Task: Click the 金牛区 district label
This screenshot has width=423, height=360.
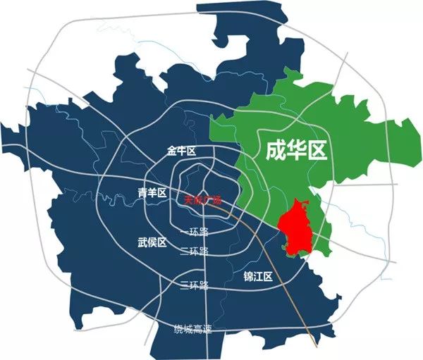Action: pyautogui.click(x=180, y=151)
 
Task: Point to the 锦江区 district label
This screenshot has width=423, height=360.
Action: pyautogui.click(x=257, y=276)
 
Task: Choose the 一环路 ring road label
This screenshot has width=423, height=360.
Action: pyautogui.click(x=194, y=232)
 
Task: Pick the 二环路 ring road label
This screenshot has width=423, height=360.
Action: pyautogui.click(x=194, y=252)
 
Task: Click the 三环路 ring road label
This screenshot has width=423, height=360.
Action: pyautogui.click(x=194, y=285)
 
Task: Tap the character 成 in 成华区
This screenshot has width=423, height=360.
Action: pyautogui.click(x=274, y=150)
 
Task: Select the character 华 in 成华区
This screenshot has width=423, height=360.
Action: pyautogui.click(x=296, y=150)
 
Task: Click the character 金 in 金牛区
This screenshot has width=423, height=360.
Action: pyautogui.click(x=171, y=151)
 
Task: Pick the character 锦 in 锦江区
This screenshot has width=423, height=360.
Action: pyautogui.click(x=247, y=276)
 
